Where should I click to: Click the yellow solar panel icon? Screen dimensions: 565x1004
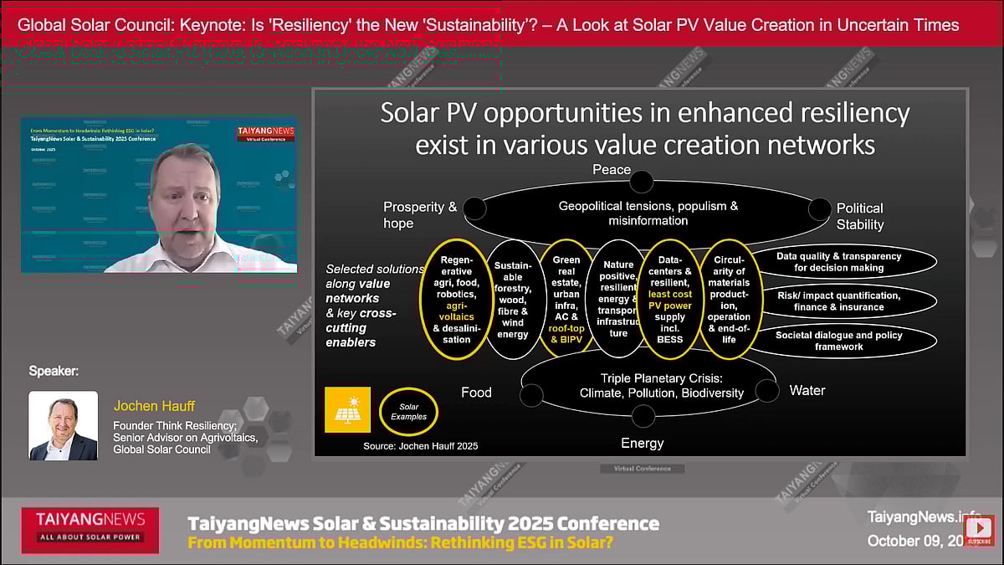347,409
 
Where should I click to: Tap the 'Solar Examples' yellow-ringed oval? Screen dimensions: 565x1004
408,411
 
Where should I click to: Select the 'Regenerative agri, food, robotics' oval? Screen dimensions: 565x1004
457,299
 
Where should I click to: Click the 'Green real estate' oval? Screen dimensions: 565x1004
566,299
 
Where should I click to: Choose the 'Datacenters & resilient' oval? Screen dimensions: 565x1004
670,299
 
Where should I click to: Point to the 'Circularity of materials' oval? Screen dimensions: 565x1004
729,299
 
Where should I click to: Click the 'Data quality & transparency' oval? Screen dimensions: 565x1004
838,262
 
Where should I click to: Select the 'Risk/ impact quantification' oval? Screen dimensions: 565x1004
838,301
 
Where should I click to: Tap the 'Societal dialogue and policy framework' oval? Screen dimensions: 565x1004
838,340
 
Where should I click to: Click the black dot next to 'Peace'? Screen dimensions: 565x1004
642,181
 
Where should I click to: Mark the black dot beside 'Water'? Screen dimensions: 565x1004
766,390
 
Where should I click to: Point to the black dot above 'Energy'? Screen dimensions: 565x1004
643,415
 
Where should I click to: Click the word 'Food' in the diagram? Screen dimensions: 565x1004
476,392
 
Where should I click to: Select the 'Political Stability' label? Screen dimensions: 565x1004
859,216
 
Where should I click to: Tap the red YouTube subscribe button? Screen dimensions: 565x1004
978,530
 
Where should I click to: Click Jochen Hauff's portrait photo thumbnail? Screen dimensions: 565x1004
64,426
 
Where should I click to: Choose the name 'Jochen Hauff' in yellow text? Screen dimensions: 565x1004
154,406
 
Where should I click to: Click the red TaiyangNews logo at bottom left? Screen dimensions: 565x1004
90,529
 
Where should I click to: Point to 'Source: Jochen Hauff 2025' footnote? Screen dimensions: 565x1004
420,446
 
